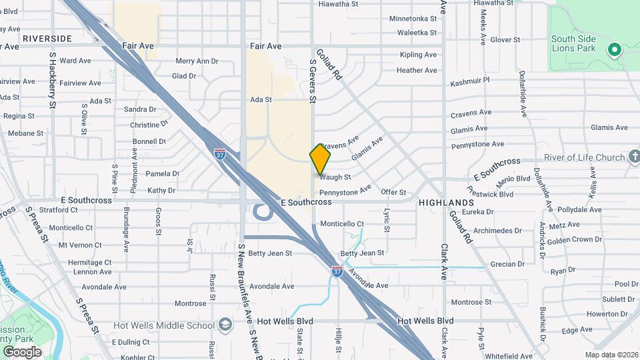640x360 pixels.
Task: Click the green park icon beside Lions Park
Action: point(614,50)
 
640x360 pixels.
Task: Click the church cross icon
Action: point(635,157)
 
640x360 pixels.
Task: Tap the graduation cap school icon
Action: point(226,325)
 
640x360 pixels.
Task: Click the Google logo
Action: point(22,351)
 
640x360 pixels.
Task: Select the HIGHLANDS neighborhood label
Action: point(447,202)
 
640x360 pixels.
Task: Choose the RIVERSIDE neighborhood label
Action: point(46,39)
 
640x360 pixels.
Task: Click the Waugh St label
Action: point(335,177)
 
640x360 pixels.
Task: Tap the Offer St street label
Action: point(393,193)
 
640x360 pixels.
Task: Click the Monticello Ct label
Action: point(342,224)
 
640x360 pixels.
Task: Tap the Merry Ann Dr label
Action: point(197,61)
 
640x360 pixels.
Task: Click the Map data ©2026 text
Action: point(611,355)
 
